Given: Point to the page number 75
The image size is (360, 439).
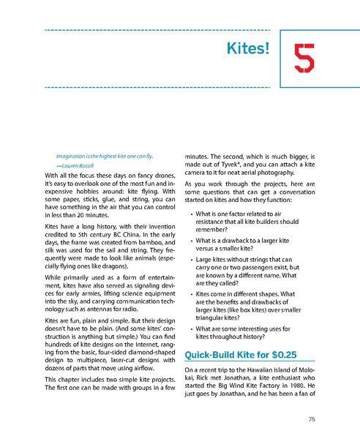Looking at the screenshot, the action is coord(312,419).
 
